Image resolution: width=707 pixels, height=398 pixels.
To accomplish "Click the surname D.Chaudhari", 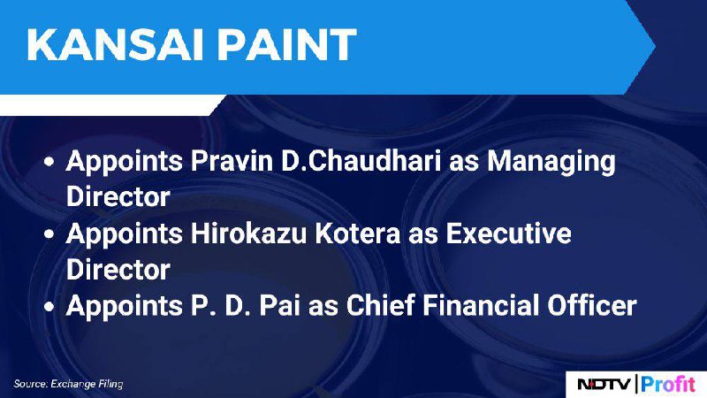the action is (361, 161).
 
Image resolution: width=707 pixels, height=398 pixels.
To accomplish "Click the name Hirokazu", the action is (248, 233).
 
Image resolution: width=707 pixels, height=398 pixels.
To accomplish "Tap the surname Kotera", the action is (358, 233).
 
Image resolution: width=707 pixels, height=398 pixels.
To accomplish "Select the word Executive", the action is (509, 233).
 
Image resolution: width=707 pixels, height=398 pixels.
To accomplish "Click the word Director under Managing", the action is (118, 196).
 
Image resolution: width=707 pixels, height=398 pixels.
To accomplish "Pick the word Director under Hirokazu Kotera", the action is (118, 270).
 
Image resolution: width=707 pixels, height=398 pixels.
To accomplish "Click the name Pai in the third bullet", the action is (279, 305).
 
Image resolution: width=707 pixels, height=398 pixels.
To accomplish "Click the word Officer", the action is (592, 305).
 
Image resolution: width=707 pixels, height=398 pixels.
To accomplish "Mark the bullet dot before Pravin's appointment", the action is (49, 162).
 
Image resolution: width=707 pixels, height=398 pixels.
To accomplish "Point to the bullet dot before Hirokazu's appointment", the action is (49, 234).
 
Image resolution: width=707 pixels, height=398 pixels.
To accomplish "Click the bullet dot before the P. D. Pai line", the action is (49, 307).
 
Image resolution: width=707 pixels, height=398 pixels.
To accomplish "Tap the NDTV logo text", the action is (604, 385).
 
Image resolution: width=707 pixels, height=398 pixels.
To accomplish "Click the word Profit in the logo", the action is (668, 385).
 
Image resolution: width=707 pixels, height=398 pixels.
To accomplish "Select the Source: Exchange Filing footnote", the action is (68, 384).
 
